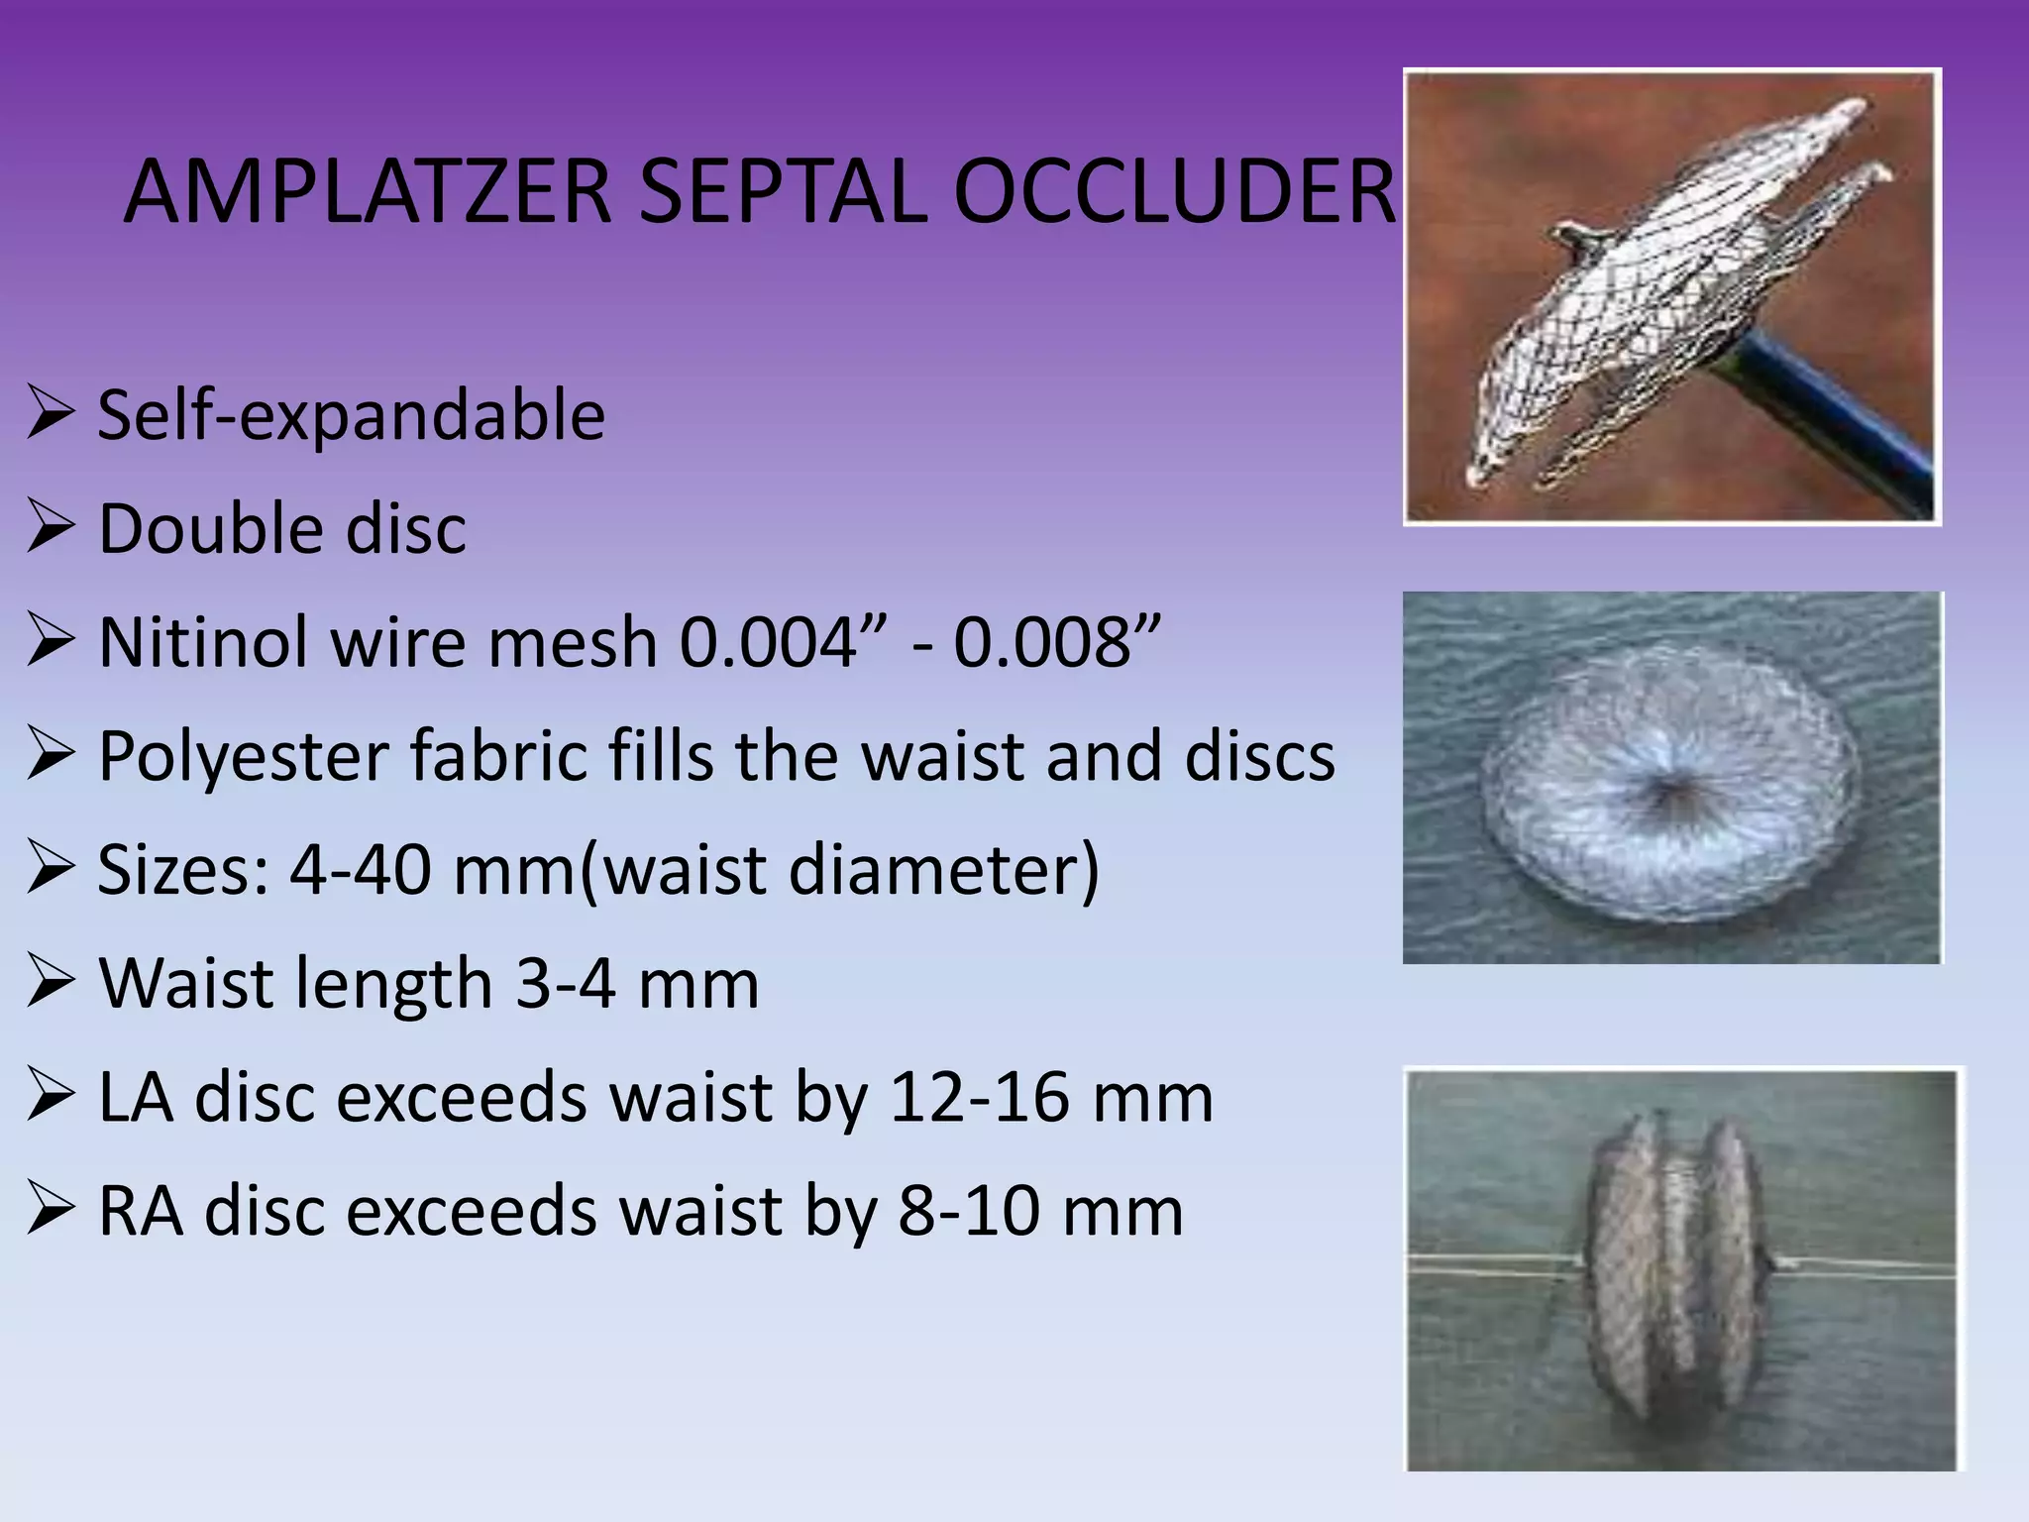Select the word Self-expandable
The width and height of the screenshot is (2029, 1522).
(x=351, y=416)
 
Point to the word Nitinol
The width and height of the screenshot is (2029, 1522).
(x=204, y=641)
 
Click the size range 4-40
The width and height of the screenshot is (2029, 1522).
(x=361, y=870)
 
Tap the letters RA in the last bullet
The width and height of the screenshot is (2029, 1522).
(x=140, y=1211)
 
